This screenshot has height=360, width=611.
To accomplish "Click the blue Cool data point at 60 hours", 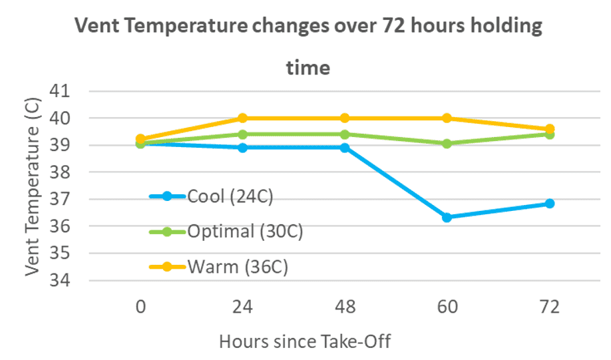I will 447,218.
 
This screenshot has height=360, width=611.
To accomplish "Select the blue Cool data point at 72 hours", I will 550,204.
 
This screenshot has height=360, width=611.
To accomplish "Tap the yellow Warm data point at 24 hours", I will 243,118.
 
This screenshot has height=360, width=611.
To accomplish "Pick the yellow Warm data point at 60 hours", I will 447,118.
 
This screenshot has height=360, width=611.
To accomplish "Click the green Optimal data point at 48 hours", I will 345,134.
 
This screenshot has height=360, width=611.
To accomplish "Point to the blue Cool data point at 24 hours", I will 243,147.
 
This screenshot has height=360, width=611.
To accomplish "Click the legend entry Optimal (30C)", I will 226,232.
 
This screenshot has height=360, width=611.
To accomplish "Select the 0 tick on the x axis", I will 140,307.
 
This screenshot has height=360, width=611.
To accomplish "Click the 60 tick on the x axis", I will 447,307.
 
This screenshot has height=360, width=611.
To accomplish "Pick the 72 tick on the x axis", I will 550,307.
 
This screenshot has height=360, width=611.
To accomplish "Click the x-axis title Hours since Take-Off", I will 304,342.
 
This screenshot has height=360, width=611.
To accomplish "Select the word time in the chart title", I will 308,68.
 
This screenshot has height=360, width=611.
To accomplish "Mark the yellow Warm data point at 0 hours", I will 140,139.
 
